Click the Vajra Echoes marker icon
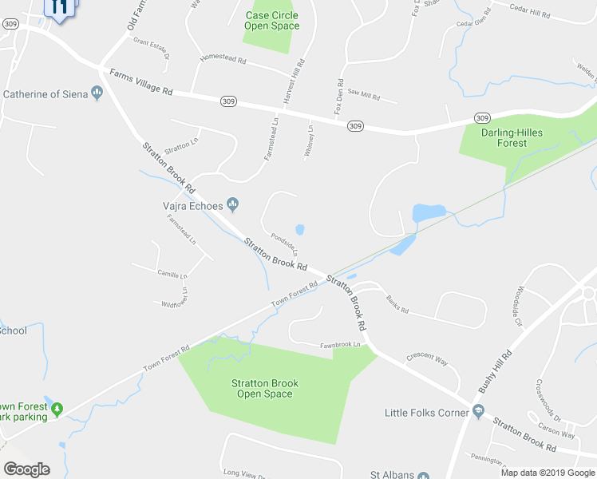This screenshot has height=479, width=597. (x=233, y=205)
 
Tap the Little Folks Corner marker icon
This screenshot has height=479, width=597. (x=478, y=412)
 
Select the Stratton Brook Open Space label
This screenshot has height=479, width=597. (x=265, y=388)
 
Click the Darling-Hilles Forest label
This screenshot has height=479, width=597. (x=504, y=137)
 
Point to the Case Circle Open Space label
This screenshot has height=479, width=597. (x=272, y=21)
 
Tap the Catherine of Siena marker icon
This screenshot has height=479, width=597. (x=98, y=94)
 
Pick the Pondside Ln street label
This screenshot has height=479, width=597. (x=284, y=243)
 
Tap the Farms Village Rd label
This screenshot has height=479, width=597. (x=140, y=82)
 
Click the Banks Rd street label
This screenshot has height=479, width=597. (x=397, y=304)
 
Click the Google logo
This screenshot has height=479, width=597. (x=26, y=469)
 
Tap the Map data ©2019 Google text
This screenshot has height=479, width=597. (x=548, y=473)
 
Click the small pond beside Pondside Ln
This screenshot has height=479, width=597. (x=299, y=230)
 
